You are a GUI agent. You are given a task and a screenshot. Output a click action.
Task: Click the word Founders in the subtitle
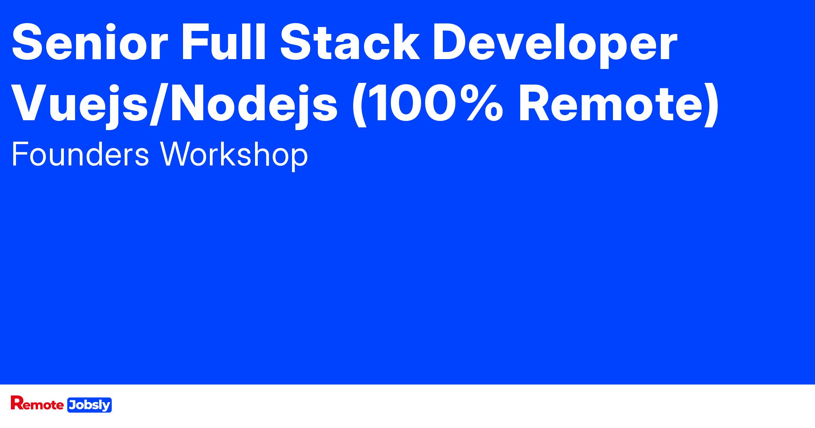point(80,155)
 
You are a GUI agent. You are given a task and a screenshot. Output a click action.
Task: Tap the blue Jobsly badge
point(90,405)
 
